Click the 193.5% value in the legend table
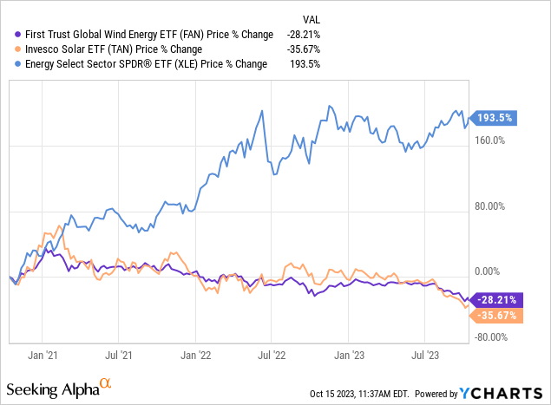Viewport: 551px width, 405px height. [309, 64]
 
